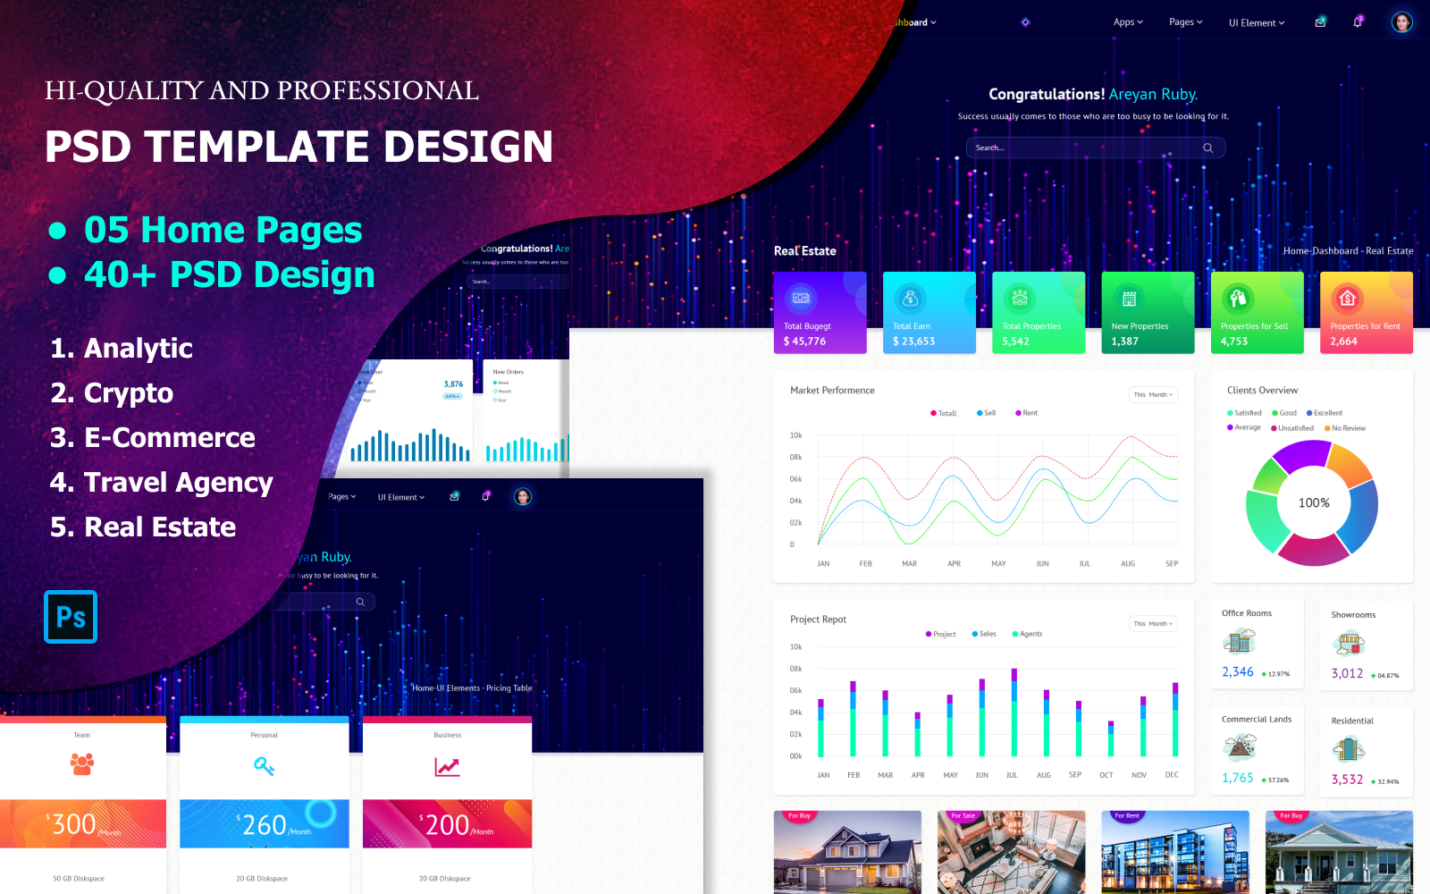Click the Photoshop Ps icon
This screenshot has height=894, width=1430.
[x=71, y=617]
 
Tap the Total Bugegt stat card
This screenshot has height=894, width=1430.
[x=820, y=313]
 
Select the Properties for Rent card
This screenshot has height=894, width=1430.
[x=1366, y=313]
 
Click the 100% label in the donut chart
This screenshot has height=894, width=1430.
[x=1314, y=503]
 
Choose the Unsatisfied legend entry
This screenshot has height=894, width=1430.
[x=1295, y=428]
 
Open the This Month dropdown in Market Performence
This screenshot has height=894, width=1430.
[x=1153, y=394]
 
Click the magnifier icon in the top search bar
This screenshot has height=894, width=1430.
[x=1207, y=148]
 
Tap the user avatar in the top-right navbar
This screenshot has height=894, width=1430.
[x=1401, y=22]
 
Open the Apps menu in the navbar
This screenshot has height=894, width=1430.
[x=1128, y=22]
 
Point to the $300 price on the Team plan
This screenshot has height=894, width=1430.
[x=73, y=824]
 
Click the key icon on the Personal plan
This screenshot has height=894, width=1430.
[x=264, y=766]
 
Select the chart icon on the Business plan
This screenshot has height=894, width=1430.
[x=447, y=767]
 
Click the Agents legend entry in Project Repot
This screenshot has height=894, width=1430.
[x=1030, y=634]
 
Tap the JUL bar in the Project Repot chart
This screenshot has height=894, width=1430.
[x=1014, y=713]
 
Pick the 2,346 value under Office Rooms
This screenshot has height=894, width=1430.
[x=1238, y=672]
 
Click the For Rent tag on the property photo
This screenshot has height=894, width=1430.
[x=1126, y=816]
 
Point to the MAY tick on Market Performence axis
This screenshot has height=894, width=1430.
[x=998, y=564]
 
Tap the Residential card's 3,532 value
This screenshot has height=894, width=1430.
[x=1347, y=780]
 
